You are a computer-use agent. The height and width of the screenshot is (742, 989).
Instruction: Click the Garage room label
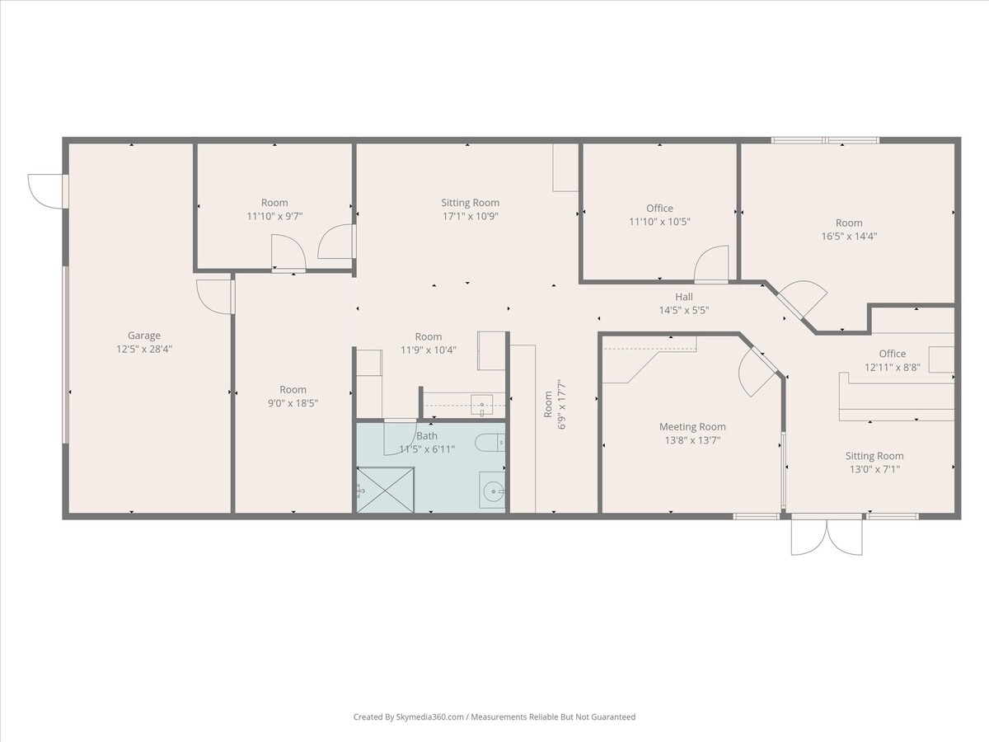(143, 336)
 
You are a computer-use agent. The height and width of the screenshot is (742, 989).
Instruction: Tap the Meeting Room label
(692, 427)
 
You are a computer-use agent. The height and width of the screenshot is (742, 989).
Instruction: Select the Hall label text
(684, 297)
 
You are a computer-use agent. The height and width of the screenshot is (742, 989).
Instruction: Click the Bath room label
(427, 436)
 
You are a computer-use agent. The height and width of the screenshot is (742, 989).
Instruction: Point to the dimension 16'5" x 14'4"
(849, 236)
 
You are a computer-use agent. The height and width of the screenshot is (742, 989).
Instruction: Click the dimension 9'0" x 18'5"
(293, 403)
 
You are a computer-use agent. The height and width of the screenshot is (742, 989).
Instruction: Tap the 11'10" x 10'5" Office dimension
(659, 222)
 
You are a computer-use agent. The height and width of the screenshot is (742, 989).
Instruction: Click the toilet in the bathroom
(489, 443)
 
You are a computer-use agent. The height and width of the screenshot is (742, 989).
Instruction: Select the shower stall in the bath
(385, 490)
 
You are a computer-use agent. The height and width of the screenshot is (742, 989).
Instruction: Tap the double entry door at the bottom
(827, 536)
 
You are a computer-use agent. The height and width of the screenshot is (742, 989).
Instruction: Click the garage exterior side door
(46, 190)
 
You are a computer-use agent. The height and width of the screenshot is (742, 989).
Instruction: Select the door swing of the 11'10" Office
(712, 264)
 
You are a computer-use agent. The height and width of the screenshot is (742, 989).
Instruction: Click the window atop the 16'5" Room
(825, 140)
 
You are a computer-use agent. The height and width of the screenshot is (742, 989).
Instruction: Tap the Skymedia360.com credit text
(494, 717)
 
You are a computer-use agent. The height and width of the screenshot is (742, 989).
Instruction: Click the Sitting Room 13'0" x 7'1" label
(874, 463)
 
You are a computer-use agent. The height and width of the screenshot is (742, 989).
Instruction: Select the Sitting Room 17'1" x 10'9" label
(470, 209)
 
